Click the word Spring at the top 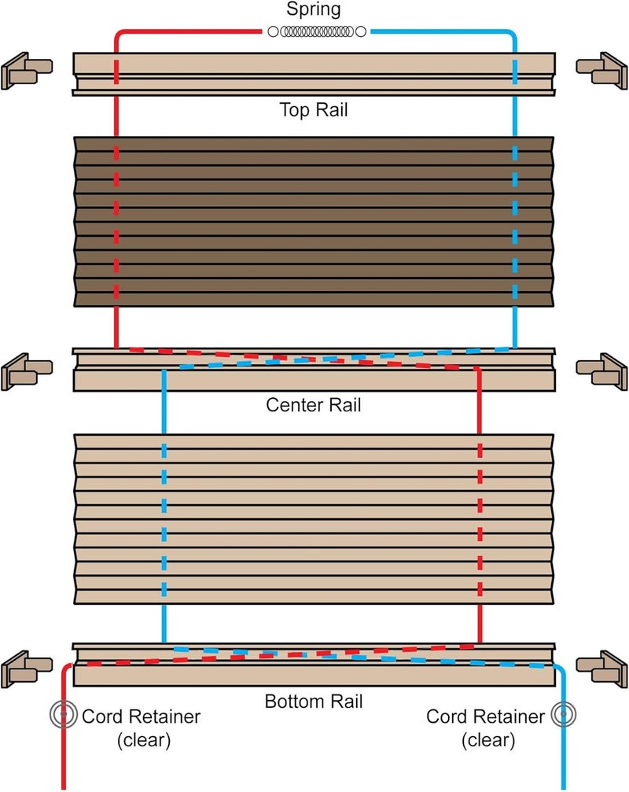pos(314,11)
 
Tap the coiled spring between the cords pos(316,31)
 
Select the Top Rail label pos(314,109)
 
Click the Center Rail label pos(314,406)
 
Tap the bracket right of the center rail pos(601,370)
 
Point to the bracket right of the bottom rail pos(601,668)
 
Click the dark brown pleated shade pos(314,222)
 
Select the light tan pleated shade pos(314,516)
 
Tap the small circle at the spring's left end pos(273,31)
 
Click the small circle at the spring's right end pos(360,31)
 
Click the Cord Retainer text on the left pos(142,717)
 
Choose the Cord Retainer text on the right pos(485,717)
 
